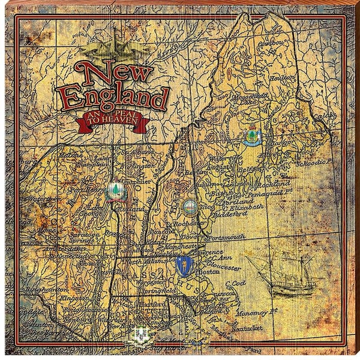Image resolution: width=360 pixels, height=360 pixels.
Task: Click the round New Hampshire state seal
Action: (x=190, y=207)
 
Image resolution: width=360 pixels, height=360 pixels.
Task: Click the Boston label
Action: (x=215, y=271)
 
